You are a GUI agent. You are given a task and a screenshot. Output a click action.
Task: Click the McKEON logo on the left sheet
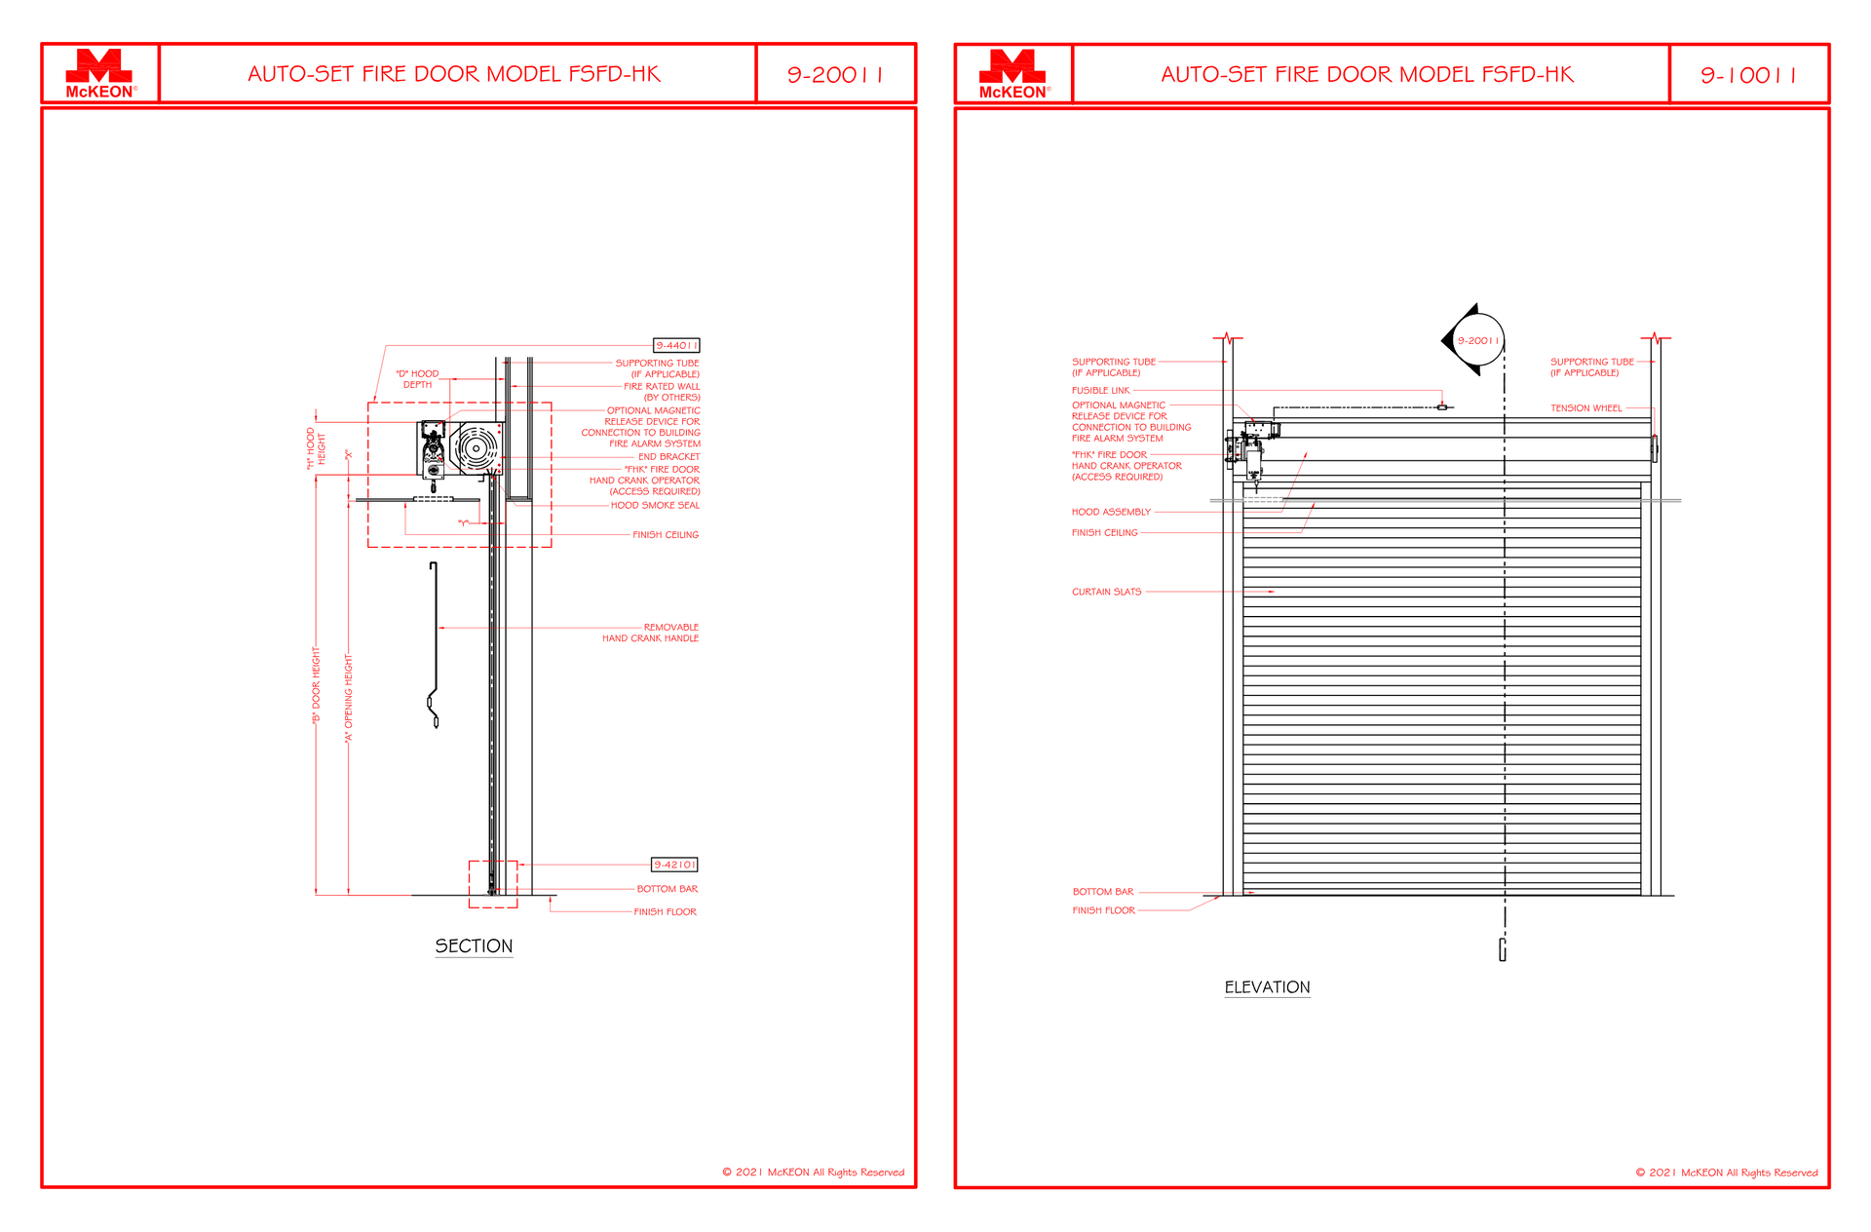99,74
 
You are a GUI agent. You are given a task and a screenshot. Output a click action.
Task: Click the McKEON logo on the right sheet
1013,74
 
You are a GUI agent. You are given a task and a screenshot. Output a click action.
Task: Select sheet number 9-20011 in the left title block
835,75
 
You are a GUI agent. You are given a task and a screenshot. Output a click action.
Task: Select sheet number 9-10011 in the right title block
1748,75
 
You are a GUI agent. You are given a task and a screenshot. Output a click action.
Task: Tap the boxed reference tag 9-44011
676,345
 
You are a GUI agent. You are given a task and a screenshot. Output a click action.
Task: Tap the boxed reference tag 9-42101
674,865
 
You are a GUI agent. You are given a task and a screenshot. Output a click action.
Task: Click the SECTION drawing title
474,946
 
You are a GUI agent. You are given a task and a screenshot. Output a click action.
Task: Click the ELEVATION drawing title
1267,987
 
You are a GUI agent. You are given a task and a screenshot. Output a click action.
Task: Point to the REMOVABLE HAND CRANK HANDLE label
650,633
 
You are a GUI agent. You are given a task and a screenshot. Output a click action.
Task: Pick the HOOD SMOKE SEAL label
655,505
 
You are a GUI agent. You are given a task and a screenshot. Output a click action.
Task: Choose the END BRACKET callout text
668,456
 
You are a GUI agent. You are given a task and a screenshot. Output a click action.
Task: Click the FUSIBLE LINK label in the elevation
1100,390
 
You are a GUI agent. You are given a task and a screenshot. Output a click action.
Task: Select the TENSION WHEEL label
1586,408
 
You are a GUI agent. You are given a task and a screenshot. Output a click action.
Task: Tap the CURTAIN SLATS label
1106,592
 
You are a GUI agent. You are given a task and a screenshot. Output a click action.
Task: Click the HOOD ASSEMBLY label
1111,512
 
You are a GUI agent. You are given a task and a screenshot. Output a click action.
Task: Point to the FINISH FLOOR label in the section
665,912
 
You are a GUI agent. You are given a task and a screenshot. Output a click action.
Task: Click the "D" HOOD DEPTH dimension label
417,379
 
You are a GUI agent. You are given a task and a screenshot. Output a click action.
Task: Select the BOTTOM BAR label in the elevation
1103,892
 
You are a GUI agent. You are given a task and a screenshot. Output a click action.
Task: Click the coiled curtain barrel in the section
477,448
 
